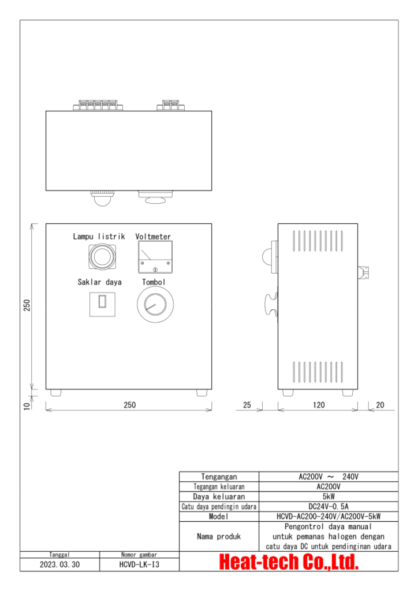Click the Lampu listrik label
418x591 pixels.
click(x=99, y=237)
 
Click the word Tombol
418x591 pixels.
click(x=154, y=282)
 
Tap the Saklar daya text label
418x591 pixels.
click(x=99, y=282)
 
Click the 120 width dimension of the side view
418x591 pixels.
click(x=319, y=405)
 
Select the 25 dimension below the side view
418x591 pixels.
click(x=247, y=405)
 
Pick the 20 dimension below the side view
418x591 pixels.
click(x=379, y=405)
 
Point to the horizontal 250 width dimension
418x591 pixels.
click(x=129, y=405)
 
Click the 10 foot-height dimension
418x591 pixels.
click(x=27, y=406)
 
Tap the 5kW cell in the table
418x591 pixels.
click(x=329, y=496)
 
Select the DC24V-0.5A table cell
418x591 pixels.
click(x=329, y=506)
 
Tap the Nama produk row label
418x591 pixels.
click(x=219, y=536)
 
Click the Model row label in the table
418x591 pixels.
click(x=219, y=516)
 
